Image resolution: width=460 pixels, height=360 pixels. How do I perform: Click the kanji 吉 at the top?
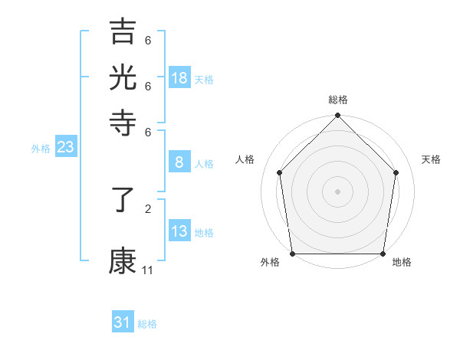click(123, 34)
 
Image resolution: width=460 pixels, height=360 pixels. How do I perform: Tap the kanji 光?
click(123, 77)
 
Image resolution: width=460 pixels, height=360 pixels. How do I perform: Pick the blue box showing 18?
click(179, 78)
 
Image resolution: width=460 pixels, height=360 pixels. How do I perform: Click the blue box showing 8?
click(179, 162)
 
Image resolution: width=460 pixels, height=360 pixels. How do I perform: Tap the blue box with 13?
click(179, 231)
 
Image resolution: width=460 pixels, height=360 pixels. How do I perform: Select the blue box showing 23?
click(65, 148)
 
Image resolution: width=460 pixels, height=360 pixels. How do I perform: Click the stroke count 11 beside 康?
click(148, 270)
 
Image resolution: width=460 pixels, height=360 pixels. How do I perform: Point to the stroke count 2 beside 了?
click(148, 208)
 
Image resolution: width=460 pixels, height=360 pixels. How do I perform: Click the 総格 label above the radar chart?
click(337, 100)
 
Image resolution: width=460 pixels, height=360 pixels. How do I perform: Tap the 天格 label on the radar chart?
click(431, 159)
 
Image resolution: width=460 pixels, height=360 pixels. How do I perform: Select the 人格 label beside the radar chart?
click(245, 159)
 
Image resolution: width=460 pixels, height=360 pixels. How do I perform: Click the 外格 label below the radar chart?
click(270, 263)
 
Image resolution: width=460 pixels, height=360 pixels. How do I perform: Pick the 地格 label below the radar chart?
click(402, 263)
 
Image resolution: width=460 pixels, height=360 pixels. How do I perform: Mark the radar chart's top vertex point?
click(337, 116)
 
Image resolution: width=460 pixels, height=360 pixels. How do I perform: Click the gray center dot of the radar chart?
click(337, 191)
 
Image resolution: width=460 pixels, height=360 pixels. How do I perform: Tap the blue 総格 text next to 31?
click(147, 324)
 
